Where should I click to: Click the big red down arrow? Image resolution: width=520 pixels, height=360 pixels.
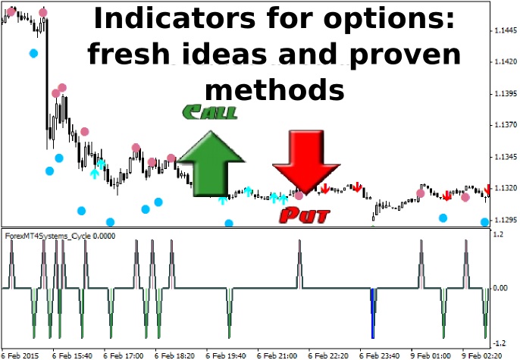(305, 161)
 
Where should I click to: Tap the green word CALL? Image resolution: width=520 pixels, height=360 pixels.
(209, 112)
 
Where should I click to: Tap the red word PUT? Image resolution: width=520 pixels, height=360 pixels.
(305, 215)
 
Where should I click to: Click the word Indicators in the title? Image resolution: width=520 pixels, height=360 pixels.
(175, 18)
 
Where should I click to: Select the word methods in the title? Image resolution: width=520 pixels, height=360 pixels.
(274, 89)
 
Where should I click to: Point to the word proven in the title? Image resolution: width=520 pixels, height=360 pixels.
(405, 55)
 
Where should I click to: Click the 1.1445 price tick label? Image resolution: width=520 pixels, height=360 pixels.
(506, 30)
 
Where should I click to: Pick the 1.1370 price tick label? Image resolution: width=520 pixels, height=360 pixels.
(506, 125)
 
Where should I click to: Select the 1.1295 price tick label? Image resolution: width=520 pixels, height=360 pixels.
(506, 220)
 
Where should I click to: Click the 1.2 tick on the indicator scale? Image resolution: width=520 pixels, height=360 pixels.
(499, 234)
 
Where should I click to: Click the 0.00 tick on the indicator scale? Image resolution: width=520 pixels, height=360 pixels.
(500, 288)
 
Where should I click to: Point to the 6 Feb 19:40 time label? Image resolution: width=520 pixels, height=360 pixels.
(226, 355)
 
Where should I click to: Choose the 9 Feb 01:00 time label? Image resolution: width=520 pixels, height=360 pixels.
(431, 355)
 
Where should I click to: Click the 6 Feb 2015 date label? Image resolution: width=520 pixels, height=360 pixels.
(20, 355)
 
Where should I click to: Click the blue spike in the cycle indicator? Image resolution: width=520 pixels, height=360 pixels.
(372, 313)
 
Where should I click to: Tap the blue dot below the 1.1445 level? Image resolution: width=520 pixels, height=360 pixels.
(33, 53)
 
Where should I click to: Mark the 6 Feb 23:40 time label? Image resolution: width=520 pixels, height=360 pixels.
(379, 355)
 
